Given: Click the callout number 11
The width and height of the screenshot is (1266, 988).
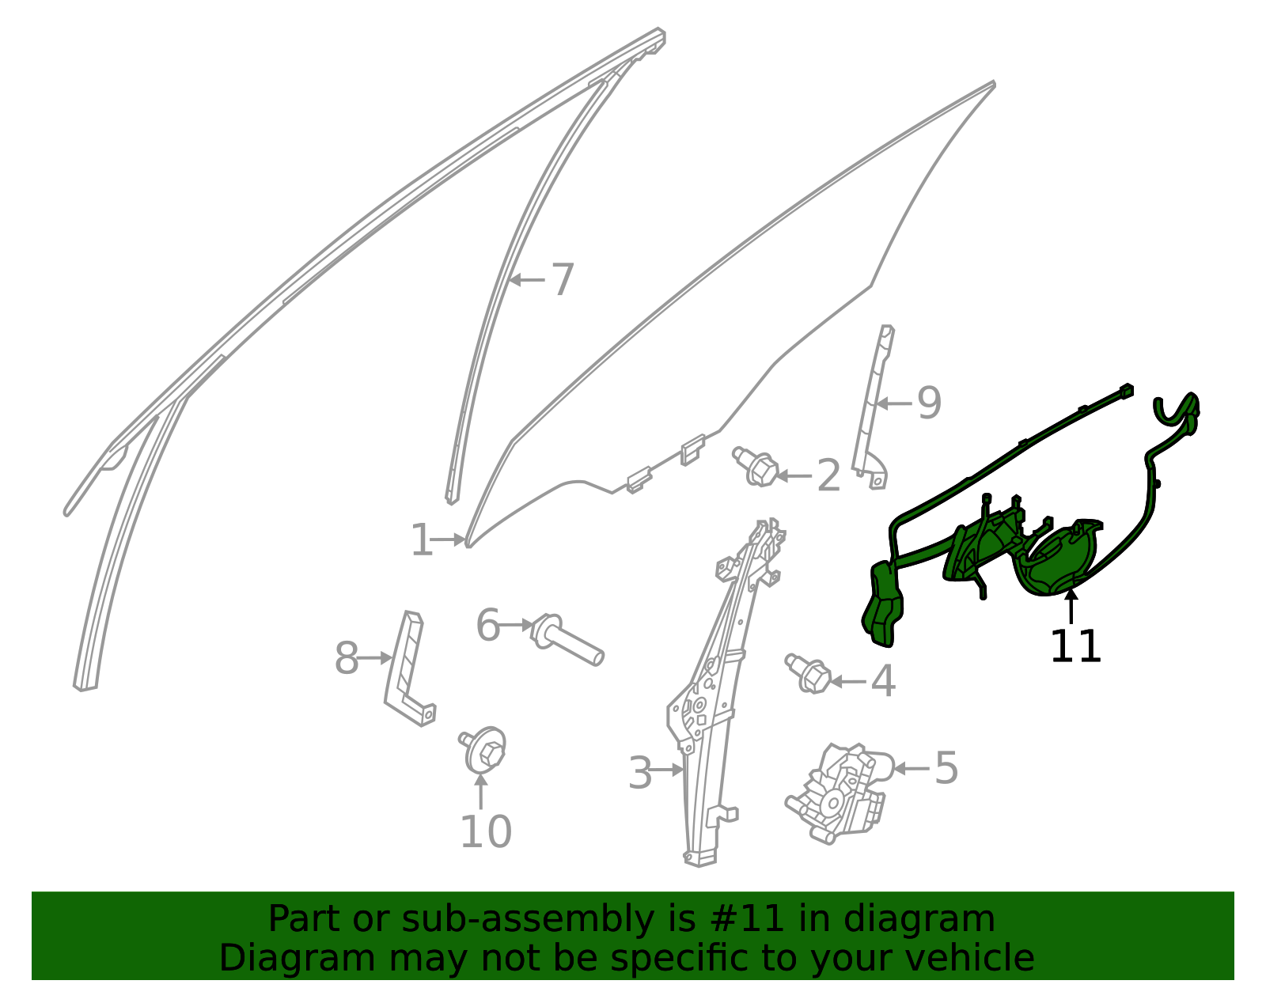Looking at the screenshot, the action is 1075,646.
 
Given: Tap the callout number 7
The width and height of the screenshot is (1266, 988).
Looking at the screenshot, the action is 563,279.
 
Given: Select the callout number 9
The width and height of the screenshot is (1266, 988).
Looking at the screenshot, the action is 929,403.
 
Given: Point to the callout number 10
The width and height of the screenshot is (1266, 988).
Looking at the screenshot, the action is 485,832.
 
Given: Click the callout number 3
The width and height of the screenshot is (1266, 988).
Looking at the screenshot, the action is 640,773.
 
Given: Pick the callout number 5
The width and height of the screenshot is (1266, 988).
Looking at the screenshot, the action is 946,768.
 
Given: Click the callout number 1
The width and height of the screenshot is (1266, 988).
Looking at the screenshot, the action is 422,539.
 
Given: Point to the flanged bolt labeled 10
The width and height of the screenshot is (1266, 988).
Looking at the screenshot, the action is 483,750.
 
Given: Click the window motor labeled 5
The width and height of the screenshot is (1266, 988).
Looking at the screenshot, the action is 840,793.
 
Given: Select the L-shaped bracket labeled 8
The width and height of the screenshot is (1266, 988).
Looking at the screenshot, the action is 410,669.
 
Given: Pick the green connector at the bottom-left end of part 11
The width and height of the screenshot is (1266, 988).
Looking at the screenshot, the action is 882,605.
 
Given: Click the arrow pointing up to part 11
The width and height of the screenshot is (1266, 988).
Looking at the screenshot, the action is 1071,606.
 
